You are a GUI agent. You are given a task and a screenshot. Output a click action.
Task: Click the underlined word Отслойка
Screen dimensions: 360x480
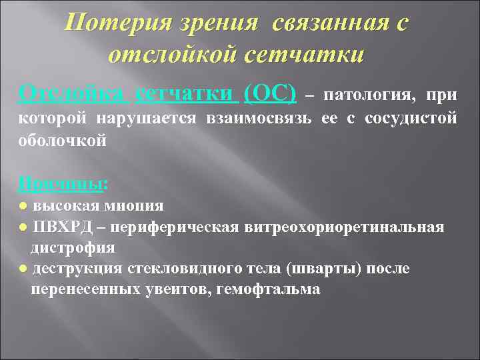pyautogui.click(x=71, y=94)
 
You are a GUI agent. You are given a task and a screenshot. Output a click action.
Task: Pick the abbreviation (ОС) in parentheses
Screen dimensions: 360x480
pyautogui.click(x=271, y=94)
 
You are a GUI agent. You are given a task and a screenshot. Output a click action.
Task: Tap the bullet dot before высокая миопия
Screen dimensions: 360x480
pyautogui.click(x=25, y=204)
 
